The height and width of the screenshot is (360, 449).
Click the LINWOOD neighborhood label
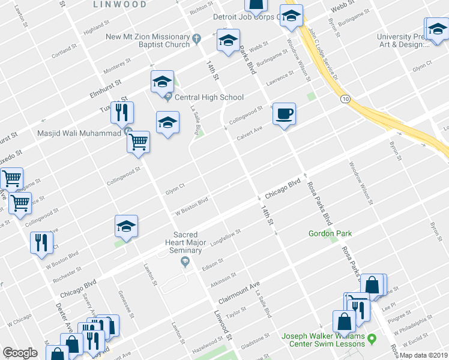(x=119, y=4)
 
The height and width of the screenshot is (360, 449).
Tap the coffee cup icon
(x=284, y=113)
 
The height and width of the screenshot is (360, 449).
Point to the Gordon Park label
(x=330, y=233)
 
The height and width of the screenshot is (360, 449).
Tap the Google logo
(x=20, y=353)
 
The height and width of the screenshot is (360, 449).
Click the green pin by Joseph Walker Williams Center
(x=372, y=340)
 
